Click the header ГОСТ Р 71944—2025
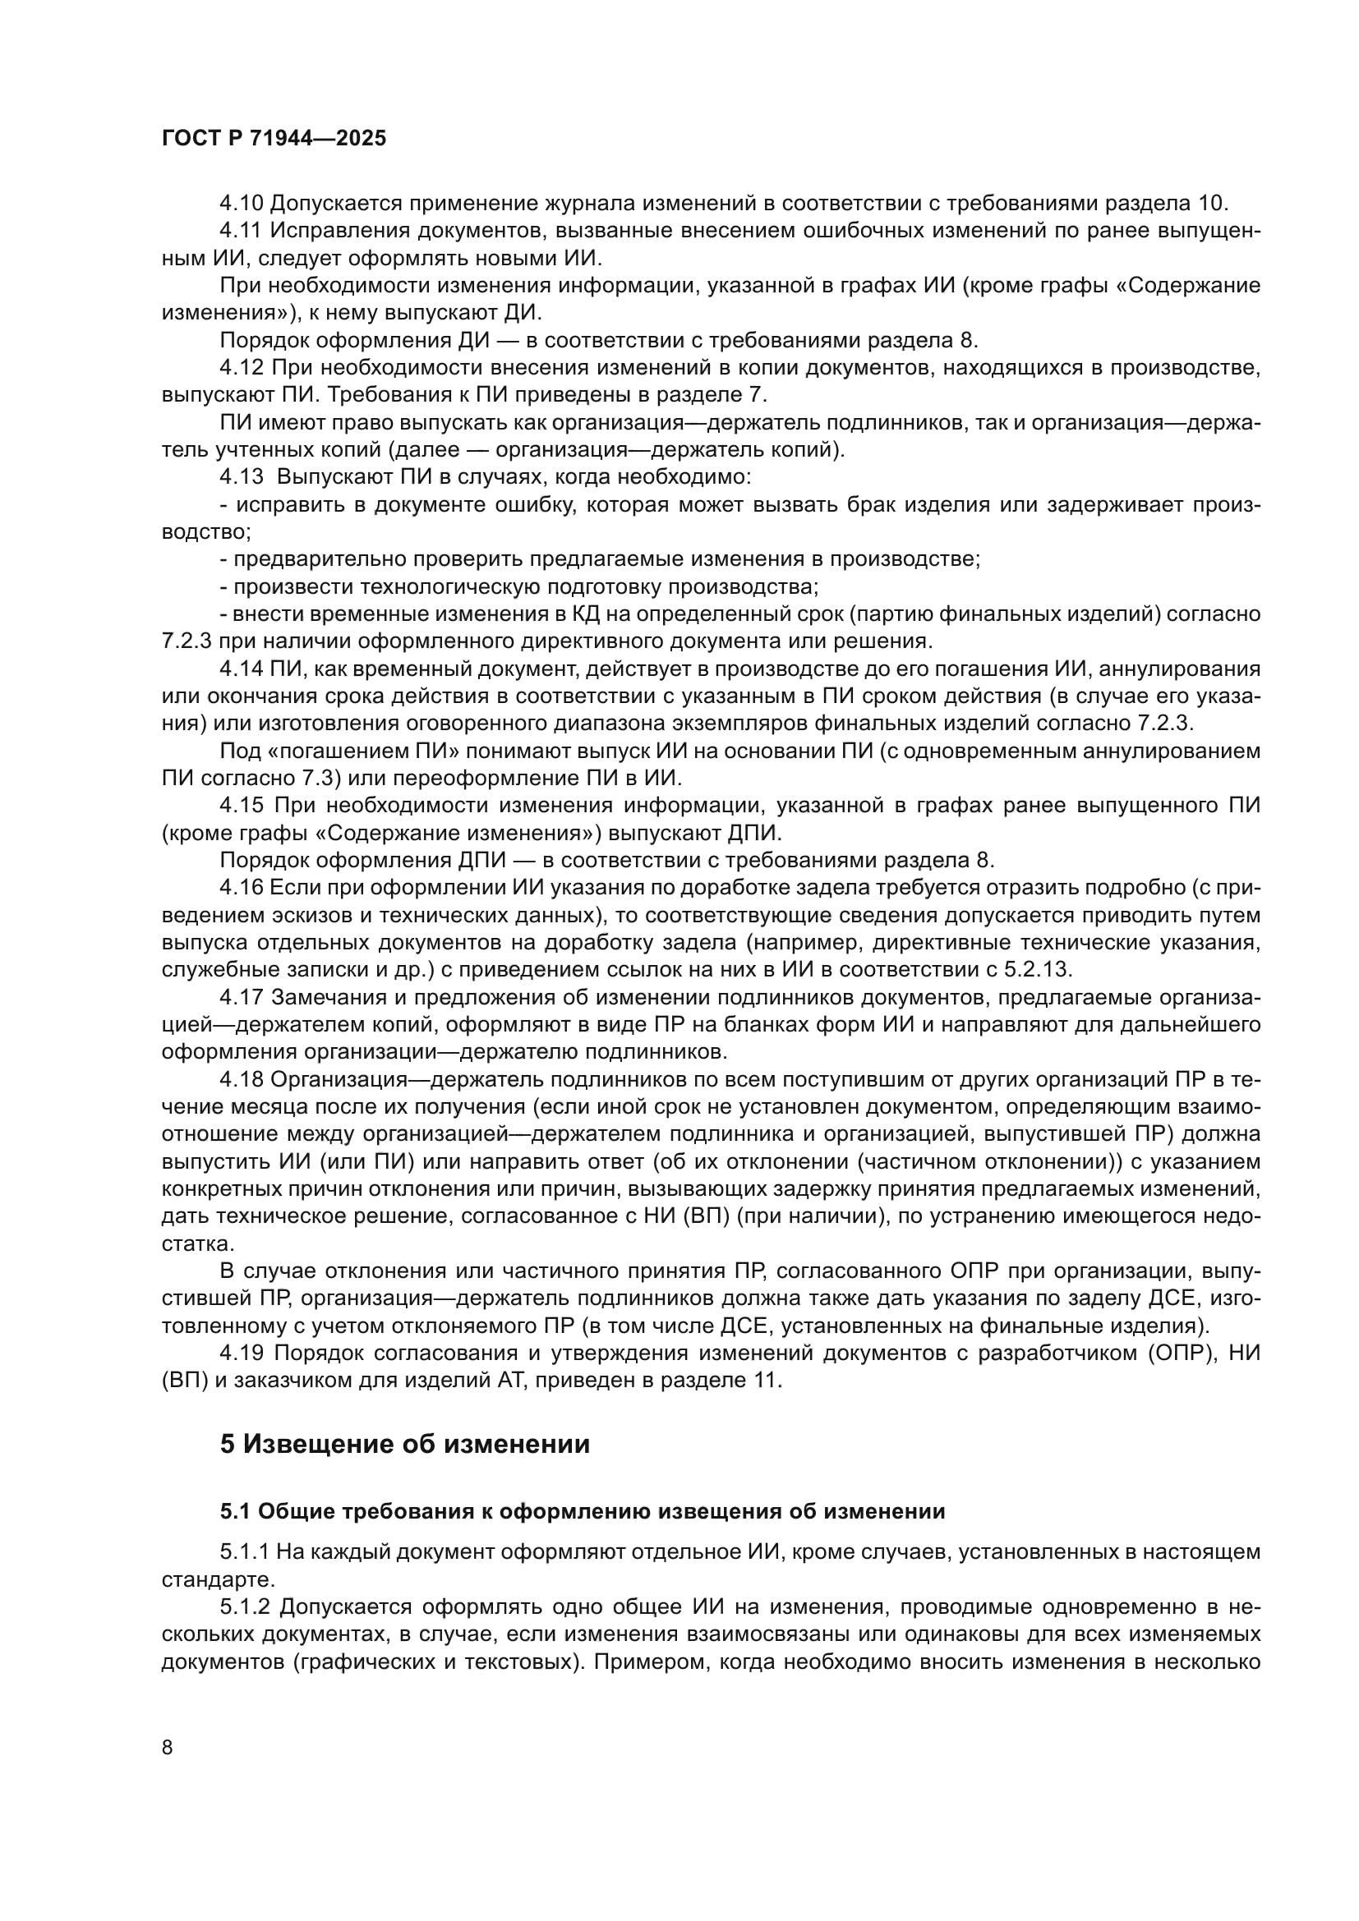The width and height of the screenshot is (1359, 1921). pos(274,139)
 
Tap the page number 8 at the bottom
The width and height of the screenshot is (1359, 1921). pos(168,1747)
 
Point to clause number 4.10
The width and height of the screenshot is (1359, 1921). pos(241,204)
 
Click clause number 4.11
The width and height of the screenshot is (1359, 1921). pos(241,231)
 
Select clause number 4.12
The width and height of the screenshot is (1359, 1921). pos(241,368)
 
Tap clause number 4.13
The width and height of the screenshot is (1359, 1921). pos(241,478)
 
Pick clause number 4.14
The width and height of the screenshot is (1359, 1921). pos(241,669)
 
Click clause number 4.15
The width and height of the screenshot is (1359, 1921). pos(241,807)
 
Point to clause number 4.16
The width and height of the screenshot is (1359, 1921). pos(241,889)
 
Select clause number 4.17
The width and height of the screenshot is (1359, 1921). pos(241,998)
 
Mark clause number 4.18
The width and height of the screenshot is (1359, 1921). pos(241,1080)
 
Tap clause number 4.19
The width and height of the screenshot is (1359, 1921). pos(241,1353)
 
